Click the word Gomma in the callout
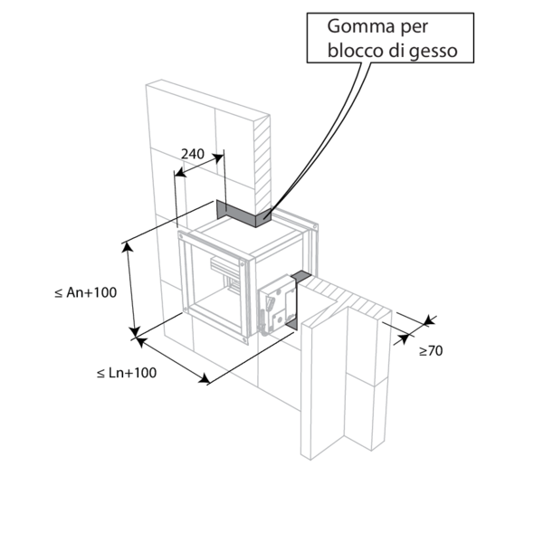pos(361,26)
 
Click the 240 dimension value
pos(193,154)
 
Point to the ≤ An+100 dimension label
pos(86,292)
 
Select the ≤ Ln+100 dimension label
pos(127,373)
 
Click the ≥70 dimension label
pos(431,351)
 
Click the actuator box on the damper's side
pos(278,305)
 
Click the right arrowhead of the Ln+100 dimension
pos(205,378)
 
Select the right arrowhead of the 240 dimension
pos(218,158)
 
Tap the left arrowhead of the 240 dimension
pos(180,172)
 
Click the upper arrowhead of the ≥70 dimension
pos(429,320)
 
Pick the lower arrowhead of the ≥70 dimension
pos(404,338)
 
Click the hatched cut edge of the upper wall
pos(262,166)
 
